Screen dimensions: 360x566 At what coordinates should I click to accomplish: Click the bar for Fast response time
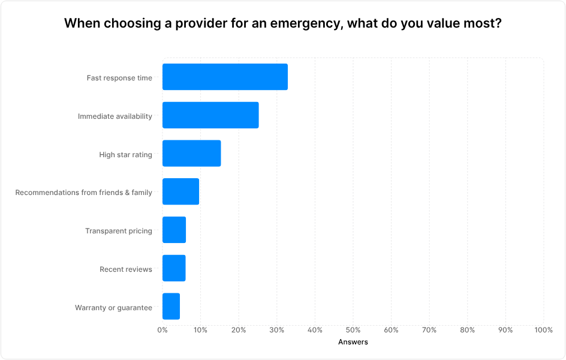pyautogui.click(x=225, y=77)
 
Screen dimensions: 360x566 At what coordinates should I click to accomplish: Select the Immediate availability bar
pyautogui.click(x=210, y=115)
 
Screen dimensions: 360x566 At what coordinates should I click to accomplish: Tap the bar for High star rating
pyautogui.click(x=191, y=154)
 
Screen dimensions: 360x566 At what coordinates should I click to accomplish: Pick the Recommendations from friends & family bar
pyautogui.click(x=180, y=192)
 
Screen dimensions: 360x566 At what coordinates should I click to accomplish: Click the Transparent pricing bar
pyautogui.click(x=174, y=230)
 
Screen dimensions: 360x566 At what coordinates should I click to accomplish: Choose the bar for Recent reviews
pyautogui.click(x=174, y=268)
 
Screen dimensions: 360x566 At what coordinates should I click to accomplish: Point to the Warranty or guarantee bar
pyautogui.click(x=171, y=307)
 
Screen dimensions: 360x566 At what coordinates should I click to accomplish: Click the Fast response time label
pyautogui.click(x=119, y=78)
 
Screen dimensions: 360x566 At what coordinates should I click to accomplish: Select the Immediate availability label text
pyautogui.click(x=115, y=116)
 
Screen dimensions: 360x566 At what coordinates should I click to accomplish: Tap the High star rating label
pyautogui.click(x=125, y=155)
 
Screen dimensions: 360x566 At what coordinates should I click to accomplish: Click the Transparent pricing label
pyautogui.click(x=118, y=231)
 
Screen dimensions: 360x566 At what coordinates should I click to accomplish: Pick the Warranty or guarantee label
pyautogui.click(x=113, y=308)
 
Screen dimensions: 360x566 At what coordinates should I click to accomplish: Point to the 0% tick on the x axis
pyautogui.click(x=162, y=330)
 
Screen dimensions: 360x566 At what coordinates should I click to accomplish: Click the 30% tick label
pyautogui.click(x=276, y=330)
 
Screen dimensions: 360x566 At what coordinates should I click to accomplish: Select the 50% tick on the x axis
pyautogui.click(x=353, y=330)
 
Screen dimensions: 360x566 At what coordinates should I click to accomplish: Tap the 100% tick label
pyautogui.click(x=543, y=330)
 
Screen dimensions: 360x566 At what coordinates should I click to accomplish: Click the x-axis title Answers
pyautogui.click(x=353, y=342)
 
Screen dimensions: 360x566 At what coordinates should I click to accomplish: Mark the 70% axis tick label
pyautogui.click(x=429, y=330)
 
